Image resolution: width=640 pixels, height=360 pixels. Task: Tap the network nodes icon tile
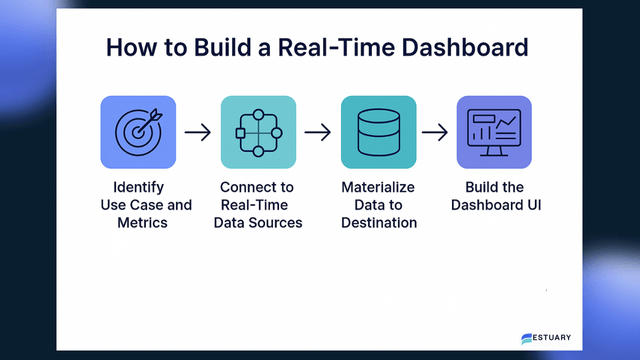(259, 131)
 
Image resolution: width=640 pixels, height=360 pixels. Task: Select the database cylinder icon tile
(377, 131)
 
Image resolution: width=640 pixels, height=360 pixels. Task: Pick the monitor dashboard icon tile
(494, 131)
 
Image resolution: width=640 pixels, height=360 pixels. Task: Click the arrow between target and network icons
(199, 131)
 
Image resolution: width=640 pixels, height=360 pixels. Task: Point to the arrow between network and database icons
(318, 131)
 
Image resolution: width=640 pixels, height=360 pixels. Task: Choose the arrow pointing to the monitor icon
(435, 131)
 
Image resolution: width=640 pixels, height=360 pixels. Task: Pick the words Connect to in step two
(259, 187)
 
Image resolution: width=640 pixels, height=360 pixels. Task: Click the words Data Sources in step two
(259, 222)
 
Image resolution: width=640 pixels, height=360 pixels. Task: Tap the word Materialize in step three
(377, 187)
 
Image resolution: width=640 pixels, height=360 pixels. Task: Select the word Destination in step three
(377, 222)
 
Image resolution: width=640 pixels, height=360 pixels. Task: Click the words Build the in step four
(494, 187)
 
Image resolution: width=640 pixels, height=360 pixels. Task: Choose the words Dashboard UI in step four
(494, 205)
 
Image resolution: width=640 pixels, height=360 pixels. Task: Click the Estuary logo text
(552, 337)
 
